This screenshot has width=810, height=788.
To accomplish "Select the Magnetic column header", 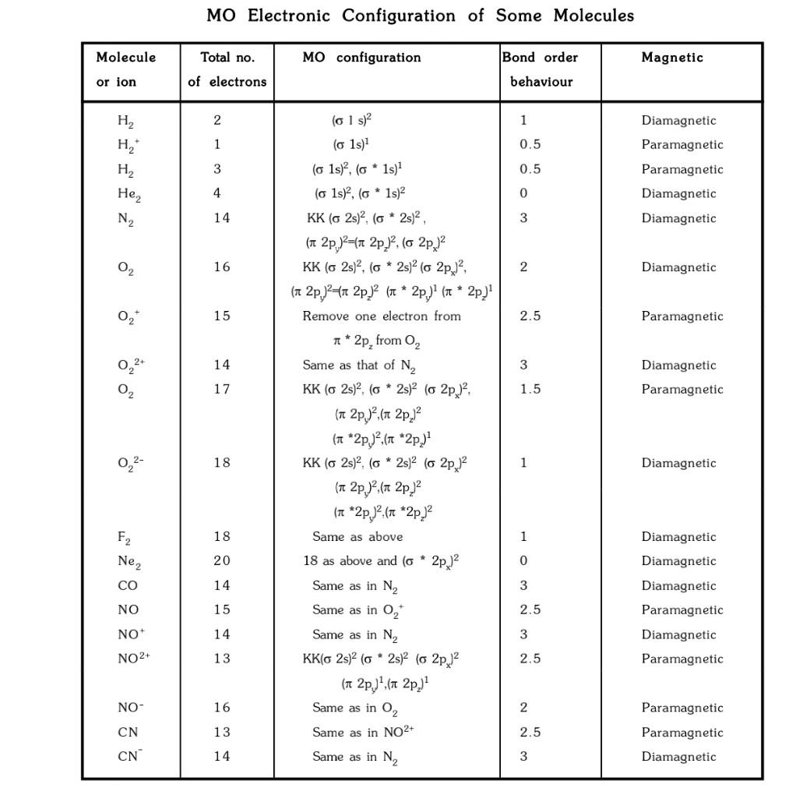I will tap(672, 58).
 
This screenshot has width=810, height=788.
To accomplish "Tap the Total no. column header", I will tap(227, 58).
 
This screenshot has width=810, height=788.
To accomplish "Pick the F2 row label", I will tap(124, 537).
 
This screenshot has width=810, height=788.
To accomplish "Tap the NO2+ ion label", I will tap(133, 659).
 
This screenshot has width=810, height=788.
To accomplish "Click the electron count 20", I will tap(222, 561).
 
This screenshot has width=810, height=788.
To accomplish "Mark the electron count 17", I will tap(222, 389).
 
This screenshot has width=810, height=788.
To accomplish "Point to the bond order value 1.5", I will tap(530, 389).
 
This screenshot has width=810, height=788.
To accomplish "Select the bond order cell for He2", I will tap(523, 193).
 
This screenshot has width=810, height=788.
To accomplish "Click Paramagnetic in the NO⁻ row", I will tap(682, 708).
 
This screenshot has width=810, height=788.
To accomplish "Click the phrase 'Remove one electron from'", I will tap(382, 316).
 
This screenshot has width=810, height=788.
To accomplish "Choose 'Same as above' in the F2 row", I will tap(357, 537).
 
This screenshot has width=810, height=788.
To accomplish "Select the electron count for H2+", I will tap(217, 144).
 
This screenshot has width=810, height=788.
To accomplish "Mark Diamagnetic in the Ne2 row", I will tap(678, 561).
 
